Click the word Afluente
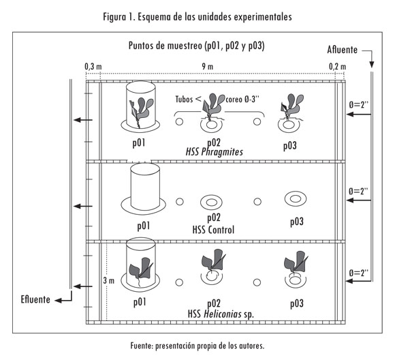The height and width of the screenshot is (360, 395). tap(342, 50)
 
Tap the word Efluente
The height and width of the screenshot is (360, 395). tap(35, 299)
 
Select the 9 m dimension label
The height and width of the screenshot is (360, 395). tap(207, 66)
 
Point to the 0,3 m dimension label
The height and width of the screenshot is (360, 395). tap(93, 67)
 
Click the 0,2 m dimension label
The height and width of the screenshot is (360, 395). tap(338, 67)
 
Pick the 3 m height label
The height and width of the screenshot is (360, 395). tap(108, 280)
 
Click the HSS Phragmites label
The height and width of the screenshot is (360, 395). tap(215, 152)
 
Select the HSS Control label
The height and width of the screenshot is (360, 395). tap(213, 230)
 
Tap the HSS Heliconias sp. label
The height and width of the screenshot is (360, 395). tap(221, 314)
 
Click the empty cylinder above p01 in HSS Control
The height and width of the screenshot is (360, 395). tap(145, 187)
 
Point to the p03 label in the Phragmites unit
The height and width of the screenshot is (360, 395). tap(290, 146)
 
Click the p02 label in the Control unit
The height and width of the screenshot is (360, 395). tap(214, 217)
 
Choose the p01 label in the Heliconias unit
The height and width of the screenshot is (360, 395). tap(140, 302)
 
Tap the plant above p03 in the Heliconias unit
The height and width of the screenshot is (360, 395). tap(296, 262)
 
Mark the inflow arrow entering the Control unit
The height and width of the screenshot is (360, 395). tap(359, 200)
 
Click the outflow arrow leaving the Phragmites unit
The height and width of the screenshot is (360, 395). tap(83, 120)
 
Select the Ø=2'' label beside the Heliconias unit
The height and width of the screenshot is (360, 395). tap(359, 273)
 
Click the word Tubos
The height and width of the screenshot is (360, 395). tap(184, 99)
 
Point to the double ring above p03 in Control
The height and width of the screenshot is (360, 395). tap(296, 199)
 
